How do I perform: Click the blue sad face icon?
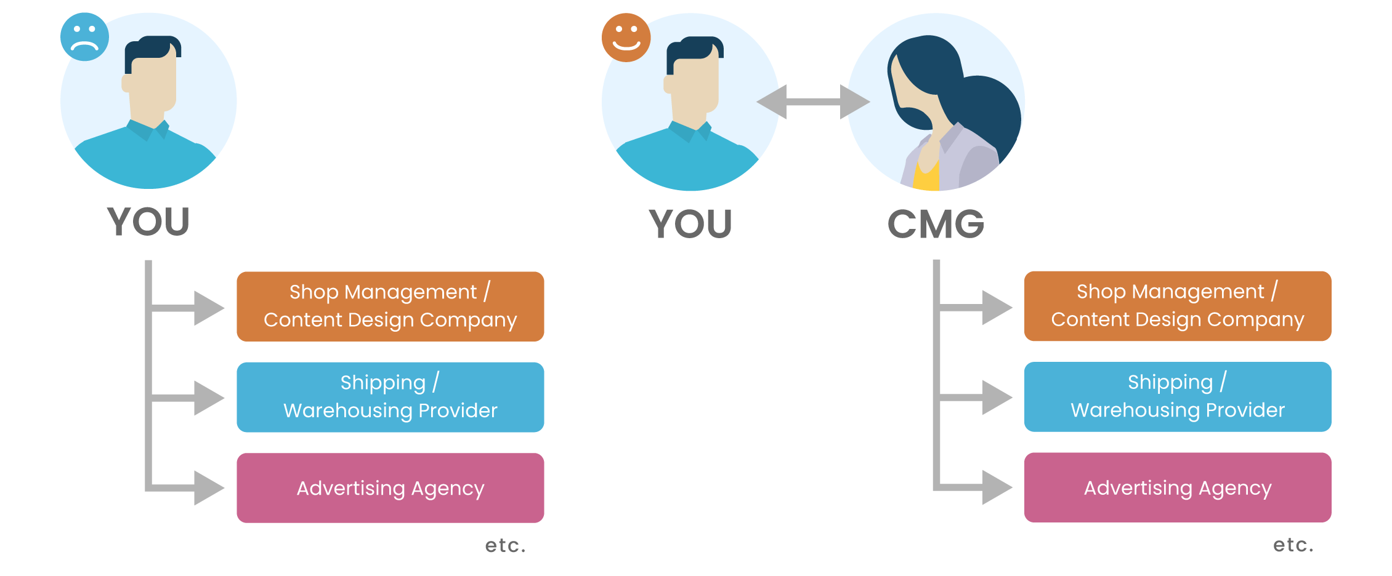click(84, 37)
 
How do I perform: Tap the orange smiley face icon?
click(626, 38)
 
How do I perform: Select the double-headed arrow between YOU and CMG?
click(813, 102)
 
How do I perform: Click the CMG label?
click(936, 224)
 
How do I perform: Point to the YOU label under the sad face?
click(148, 222)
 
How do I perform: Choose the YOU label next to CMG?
click(690, 224)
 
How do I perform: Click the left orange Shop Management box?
click(390, 306)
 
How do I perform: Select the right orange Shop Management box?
click(1178, 306)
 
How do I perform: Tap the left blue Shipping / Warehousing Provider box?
click(390, 397)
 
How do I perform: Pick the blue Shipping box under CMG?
click(1178, 396)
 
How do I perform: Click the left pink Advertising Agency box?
click(390, 488)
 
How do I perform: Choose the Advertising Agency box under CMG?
click(1178, 487)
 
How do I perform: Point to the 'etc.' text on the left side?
click(506, 545)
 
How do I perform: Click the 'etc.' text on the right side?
click(1293, 545)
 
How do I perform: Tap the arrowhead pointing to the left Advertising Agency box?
click(209, 488)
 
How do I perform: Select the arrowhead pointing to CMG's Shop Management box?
click(997, 307)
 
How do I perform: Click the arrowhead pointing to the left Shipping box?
click(209, 398)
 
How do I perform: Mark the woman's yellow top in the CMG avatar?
click(926, 175)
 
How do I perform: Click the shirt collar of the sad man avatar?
click(148, 129)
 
